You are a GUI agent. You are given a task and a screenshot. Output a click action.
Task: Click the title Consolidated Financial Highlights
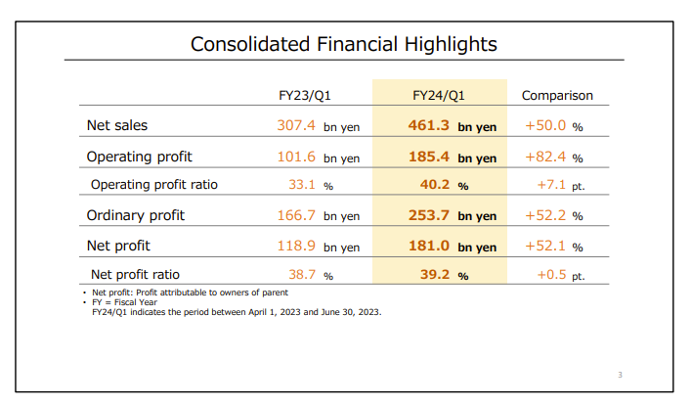point(344,44)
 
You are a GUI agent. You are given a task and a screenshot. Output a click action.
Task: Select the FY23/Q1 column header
point(305,96)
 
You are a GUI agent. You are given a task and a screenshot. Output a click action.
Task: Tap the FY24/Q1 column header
point(439,96)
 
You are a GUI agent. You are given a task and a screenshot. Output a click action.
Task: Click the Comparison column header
point(557,96)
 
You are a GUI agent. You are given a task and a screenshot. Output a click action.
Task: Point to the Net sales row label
point(117,125)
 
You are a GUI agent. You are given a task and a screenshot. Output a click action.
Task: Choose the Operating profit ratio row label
point(154,185)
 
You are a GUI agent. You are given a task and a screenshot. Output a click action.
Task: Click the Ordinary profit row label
point(136,215)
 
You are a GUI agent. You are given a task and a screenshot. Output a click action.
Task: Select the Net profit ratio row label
point(135,275)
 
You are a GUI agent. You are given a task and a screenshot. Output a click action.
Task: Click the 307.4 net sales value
point(296,125)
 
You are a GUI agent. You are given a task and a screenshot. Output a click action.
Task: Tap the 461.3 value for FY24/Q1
point(429,125)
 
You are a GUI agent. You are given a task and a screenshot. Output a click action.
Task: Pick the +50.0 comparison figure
point(545,125)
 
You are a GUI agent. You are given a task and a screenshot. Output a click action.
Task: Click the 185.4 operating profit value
point(429,157)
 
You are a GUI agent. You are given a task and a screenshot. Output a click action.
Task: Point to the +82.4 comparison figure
point(545,157)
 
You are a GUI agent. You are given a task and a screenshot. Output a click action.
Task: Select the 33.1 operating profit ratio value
point(302,185)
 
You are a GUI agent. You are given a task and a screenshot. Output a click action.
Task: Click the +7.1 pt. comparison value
point(561,185)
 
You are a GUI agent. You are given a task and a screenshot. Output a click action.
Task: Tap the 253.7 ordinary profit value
point(429,215)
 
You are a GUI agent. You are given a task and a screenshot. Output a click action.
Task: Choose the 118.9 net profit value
point(296,246)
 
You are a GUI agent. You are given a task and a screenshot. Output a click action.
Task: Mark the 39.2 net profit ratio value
point(435,275)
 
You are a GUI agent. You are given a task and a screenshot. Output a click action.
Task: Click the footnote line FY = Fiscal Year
point(124,302)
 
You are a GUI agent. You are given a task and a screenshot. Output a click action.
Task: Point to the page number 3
point(620,375)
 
